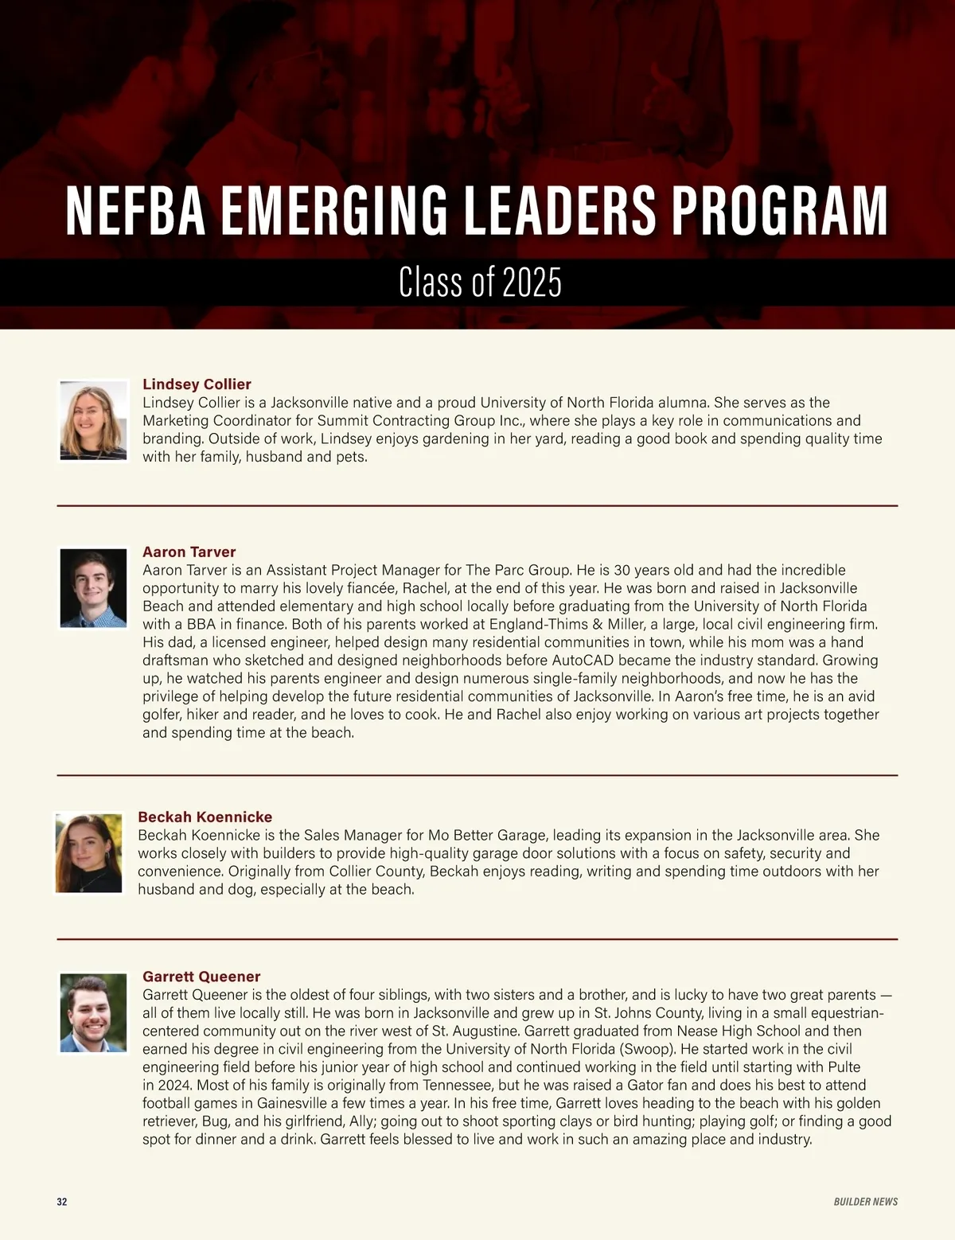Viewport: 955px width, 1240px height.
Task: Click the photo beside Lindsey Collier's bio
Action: pos(93,420)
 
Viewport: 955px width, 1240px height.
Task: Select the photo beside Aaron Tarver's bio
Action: pos(93,587)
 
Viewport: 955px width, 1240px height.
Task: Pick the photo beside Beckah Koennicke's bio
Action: pos(88,853)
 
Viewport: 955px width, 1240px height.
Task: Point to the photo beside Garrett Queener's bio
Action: pos(93,1012)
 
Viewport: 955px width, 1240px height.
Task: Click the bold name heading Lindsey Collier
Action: pos(197,384)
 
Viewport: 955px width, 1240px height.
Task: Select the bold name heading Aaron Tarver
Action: pos(189,552)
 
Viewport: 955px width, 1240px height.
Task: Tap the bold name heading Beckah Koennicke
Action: pos(205,817)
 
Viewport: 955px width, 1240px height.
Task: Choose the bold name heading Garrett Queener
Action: pos(201,977)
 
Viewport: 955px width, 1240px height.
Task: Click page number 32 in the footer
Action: pos(62,1202)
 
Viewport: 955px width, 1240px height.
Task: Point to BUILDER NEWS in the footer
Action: pos(865,1202)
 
